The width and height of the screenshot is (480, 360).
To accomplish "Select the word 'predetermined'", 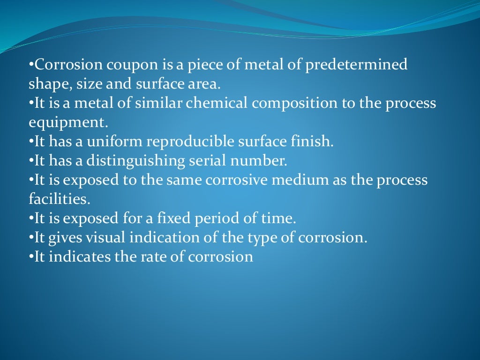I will [x=357, y=65].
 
